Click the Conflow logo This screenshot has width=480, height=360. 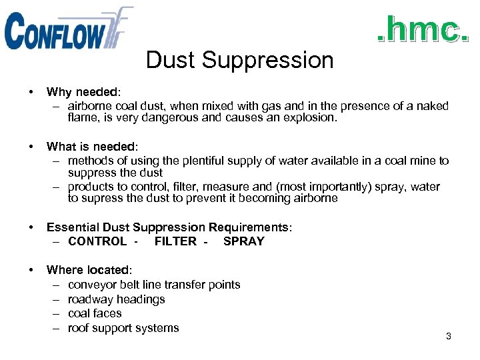[x=67, y=29]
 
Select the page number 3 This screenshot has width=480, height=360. [x=449, y=336]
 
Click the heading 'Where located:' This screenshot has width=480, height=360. [x=89, y=270]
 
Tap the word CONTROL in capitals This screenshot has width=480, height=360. [x=97, y=241]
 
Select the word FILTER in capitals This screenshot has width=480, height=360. [x=175, y=241]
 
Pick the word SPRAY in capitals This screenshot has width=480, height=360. [x=244, y=241]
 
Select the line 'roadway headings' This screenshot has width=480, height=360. [x=116, y=299]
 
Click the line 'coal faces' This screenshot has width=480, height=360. [x=95, y=313]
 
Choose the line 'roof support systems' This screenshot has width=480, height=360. [x=123, y=328]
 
